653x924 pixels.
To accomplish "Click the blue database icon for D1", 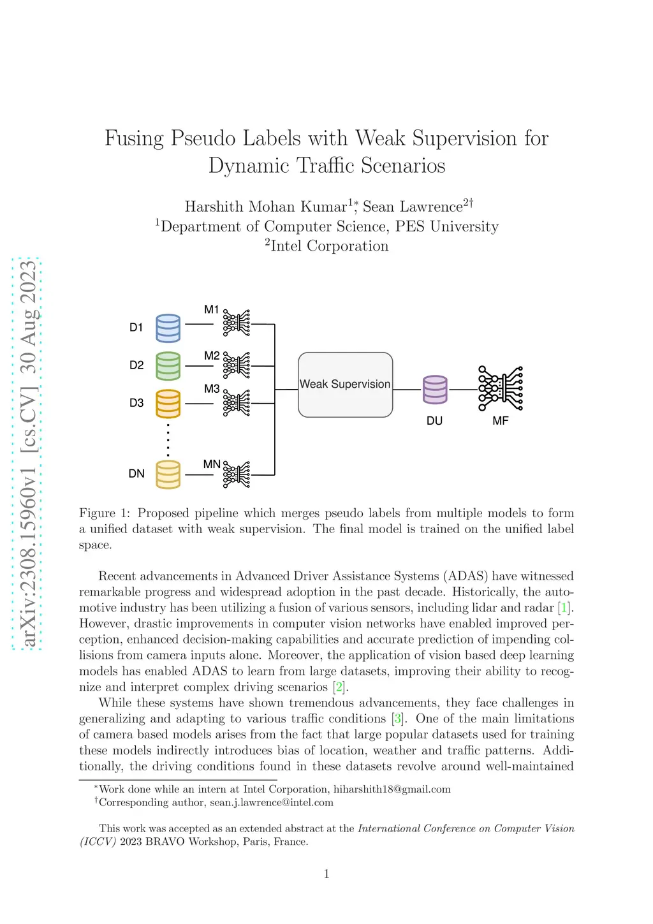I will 168,328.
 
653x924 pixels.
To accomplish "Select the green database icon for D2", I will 168,365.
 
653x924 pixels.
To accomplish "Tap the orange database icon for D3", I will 168,403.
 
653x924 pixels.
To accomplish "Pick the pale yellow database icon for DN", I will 168,474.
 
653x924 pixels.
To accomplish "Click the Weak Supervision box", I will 345,385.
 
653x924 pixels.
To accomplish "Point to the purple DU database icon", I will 435,389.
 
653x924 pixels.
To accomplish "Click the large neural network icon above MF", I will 501,388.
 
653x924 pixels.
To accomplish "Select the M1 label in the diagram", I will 212,310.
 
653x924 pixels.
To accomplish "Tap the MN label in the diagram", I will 212,464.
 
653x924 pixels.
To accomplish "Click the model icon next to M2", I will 237,365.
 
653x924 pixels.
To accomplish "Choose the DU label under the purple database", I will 434,421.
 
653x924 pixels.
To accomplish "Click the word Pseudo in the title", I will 204,138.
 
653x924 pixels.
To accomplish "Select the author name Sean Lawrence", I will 413,207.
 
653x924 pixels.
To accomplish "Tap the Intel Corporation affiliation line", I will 326,246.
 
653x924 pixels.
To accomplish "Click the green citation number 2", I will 339,687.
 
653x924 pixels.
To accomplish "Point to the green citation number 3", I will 398,719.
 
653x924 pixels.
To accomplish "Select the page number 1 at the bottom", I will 326,874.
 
